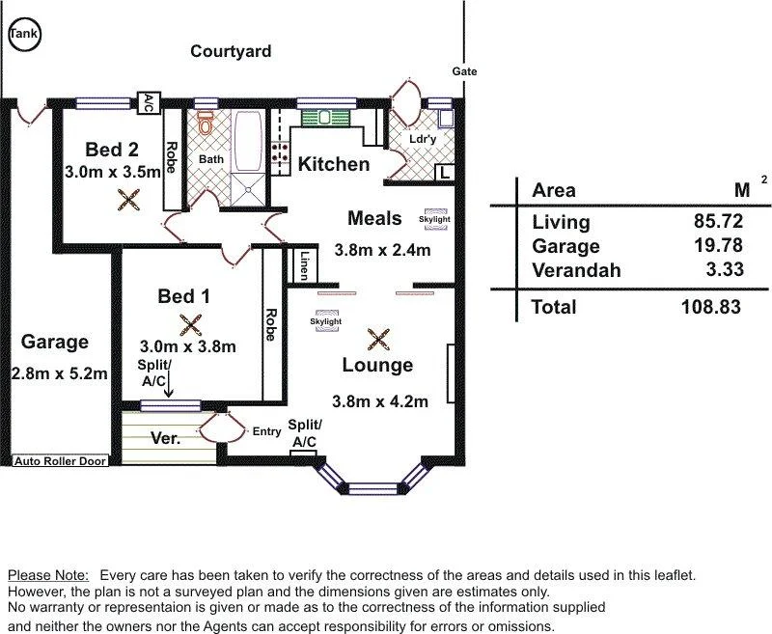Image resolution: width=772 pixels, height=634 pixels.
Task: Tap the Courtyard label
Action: coord(231,51)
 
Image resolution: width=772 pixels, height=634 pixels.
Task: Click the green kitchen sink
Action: coord(325,118)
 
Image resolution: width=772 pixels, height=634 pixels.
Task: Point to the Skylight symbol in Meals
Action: coord(434,219)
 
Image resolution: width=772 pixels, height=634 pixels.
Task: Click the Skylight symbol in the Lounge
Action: coord(326,321)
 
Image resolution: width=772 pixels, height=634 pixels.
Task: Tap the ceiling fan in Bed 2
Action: coord(128,200)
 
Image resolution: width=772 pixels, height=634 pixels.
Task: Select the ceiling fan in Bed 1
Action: coord(190,325)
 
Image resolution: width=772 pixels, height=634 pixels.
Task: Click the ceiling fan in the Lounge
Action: coord(378,340)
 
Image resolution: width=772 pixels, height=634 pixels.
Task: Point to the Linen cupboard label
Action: coord(304,265)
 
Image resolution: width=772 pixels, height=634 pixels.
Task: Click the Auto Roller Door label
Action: coord(60,461)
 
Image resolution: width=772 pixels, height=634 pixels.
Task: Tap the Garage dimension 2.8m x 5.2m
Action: coord(59,373)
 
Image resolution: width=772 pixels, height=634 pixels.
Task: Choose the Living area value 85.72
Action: coord(718,221)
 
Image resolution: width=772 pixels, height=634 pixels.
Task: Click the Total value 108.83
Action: coord(711,307)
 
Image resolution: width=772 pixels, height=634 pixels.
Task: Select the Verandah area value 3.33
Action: coord(724,269)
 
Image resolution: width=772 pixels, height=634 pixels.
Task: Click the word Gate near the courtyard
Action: coord(464,71)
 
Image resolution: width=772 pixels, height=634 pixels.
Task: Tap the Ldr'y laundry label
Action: coord(423,139)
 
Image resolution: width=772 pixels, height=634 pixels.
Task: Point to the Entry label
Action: coord(267,431)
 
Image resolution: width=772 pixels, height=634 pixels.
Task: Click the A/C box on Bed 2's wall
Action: coord(149,103)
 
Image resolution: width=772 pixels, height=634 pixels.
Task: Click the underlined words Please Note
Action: coord(48,575)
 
